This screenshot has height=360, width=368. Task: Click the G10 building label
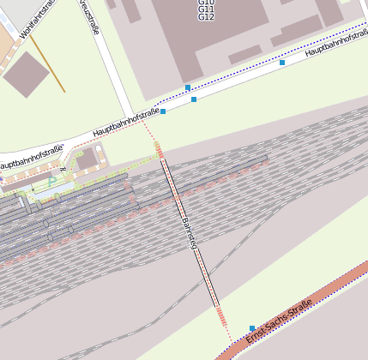[x=206, y=3]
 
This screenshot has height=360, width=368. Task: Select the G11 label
[x=206, y=9]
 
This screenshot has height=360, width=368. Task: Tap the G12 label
[x=206, y=17]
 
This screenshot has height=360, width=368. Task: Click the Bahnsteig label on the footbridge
[x=190, y=233]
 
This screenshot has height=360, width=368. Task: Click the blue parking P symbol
[x=51, y=181]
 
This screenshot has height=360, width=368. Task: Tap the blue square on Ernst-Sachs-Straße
[x=252, y=328]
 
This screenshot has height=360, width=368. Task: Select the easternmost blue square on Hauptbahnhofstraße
[x=282, y=63]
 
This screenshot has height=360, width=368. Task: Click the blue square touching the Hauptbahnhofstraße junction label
[x=163, y=111]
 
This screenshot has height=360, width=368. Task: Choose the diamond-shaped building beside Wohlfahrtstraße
[x=26, y=75]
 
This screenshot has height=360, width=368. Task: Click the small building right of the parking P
[x=87, y=159]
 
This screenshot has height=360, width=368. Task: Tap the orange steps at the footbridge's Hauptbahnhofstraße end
[x=159, y=151]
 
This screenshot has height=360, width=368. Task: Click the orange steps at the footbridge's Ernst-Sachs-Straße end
[x=221, y=316]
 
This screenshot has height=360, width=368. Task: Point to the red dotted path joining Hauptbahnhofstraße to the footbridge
[x=149, y=132]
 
